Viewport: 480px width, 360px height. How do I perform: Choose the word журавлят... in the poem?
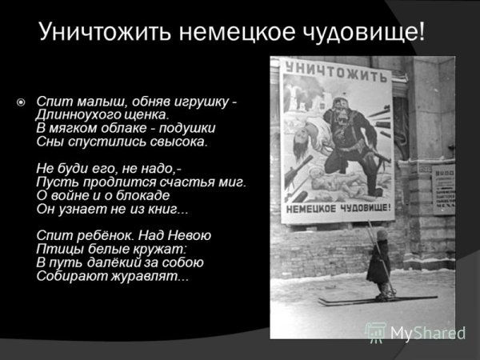tap(144, 276)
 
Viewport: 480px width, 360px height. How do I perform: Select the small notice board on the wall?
tap(443, 188)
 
